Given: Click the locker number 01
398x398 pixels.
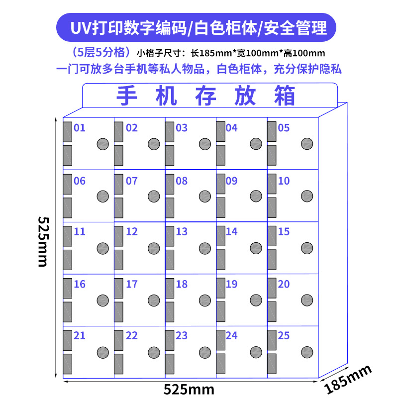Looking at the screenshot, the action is [x=80, y=128].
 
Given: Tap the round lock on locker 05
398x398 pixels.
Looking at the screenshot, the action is [x=307, y=144].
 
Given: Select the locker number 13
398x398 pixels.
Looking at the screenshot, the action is [x=182, y=232].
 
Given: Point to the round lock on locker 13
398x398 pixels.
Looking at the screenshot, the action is [x=205, y=248].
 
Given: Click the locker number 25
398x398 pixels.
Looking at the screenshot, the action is [x=284, y=336].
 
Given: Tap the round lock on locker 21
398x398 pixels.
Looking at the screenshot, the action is [x=103, y=352].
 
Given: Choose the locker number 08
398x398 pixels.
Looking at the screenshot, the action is [x=182, y=181].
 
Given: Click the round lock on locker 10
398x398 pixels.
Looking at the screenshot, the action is [x=307, y=196].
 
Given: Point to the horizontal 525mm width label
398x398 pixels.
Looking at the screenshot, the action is [x=189, y=388].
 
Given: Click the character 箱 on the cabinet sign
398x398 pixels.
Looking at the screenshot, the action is [x=285, y=96].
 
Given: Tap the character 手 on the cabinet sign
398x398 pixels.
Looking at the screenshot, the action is [x=127, y=96].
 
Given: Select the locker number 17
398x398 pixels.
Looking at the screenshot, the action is [x=132, y=285].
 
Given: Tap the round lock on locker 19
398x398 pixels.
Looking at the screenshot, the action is [x=256, y=300].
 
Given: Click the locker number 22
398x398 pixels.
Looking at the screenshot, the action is [x=132, y=336].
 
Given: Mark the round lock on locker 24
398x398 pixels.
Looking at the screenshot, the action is [x=256, y=352].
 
